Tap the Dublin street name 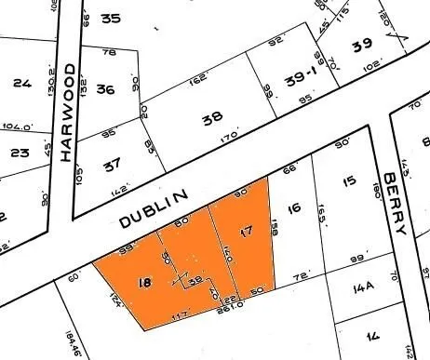[x=154, y=210]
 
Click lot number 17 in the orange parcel [x=246, y=231]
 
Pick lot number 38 [x=212, y=118]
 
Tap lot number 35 [x=112, y=18]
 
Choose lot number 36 [x=105, y=89]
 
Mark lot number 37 [x=112, y=164]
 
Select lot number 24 [x=21, y=83]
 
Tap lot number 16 [x=295, y=209]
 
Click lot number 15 [x=348, y=180]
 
